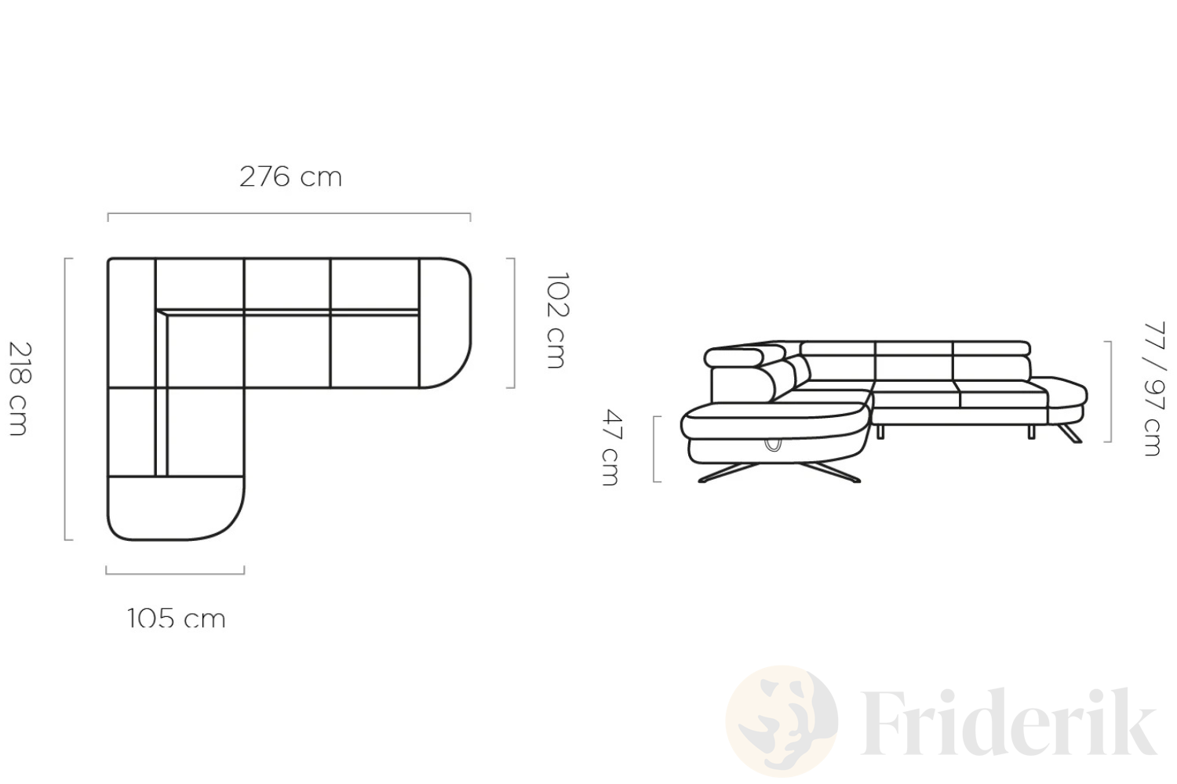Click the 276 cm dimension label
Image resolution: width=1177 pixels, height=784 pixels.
pyautogui.click(x=290, y=177)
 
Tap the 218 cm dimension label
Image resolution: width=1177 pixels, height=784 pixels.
pyautogui.click(x=20, y=389)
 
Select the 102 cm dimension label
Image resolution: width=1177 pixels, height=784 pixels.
pyautogui.click(x=557, y=321)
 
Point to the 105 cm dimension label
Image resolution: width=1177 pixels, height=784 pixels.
pyautogui.click(x=177, y=618)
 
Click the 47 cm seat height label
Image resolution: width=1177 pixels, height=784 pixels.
pyautogui.click(x=612, y=448)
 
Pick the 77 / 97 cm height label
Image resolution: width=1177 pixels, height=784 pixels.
pyautogui.click(x=1154, y=389)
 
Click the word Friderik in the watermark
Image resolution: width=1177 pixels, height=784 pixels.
pyautogui.click(x=1009, y=721)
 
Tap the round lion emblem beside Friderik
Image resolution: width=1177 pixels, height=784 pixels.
pyautogui.click(x=782, y=721)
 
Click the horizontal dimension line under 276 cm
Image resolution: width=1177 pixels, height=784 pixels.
pyautogui.click(x=289, y=214)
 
